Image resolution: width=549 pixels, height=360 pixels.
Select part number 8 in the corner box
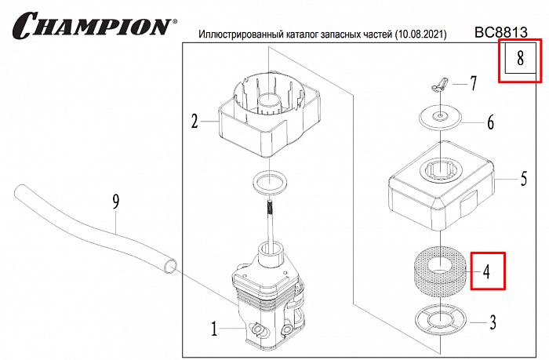coord(519,59)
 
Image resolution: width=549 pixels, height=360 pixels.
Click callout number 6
coord(490,122)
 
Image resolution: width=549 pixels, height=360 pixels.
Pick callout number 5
coord(523,180)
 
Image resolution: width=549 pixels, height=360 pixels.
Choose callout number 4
coord(487,272)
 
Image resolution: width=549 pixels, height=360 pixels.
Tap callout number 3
coord(492,321)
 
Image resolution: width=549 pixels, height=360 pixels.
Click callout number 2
coord(194,121)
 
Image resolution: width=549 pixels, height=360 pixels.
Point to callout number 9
coord(116,202)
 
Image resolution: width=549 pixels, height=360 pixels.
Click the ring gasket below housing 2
coord(271,184)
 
